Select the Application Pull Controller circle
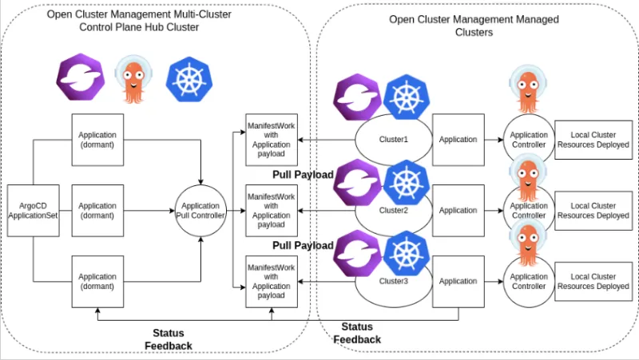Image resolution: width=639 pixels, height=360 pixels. coord(200,211)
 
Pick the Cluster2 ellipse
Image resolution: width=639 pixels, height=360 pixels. coord(393,211)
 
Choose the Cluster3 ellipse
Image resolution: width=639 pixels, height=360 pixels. coord(393,281)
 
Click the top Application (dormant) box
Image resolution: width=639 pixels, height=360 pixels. coord(98,140)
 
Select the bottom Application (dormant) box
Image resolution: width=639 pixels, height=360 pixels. coord(98,281)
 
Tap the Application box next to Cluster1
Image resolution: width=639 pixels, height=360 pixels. coord(458,140)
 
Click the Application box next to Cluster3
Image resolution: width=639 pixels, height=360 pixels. coord(458,281)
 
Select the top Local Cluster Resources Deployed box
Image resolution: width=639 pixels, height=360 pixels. coord(592,140)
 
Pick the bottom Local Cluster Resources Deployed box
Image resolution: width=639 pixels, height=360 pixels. coord(592,281)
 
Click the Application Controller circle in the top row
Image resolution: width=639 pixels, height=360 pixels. coord(528,140)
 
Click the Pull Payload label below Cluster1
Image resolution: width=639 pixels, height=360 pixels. coord(303,174)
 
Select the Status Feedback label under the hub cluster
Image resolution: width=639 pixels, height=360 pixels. coord(169,338)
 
